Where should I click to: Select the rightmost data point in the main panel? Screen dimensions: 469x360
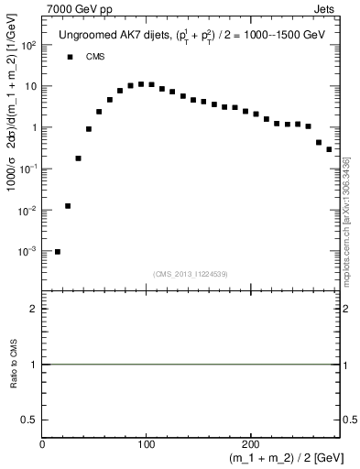pyautogui.click(x=329, y=148)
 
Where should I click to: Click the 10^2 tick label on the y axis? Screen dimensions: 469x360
pyautogui.click(x=29, y=45)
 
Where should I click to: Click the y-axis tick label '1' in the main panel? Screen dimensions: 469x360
pyautogui.click(x=34, y=127)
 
